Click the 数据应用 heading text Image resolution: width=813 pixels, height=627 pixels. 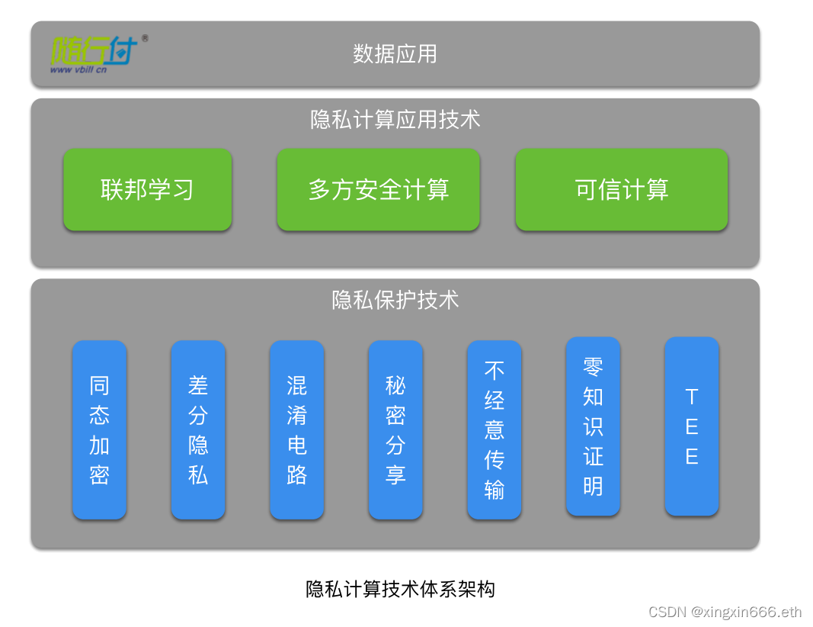[x=395, y=54]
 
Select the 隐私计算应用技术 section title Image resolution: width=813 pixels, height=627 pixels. [x=395, y=120]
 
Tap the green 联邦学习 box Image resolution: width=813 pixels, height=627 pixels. [x=147, y=189]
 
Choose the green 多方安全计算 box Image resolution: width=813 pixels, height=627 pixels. [x=379, y=189]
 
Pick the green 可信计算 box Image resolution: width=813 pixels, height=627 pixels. [x=622, y=189]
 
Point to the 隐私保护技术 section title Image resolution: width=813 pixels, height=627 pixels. [x=395, y=300]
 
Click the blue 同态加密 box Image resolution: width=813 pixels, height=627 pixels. [x=100, y=429]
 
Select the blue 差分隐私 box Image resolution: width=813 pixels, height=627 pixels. [x=198, y=429]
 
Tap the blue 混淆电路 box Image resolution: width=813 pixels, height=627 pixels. [x=297, y=429]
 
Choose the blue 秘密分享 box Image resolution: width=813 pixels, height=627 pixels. [x=395, y=429]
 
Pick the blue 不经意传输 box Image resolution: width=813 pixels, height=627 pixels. [x=495, y=429]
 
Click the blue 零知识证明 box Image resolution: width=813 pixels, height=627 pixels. [x=593, y=426]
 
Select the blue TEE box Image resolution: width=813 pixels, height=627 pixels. [x=692, y=426]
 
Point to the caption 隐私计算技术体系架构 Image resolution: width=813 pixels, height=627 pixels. [x=400, y=589]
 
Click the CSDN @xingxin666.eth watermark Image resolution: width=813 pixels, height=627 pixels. [x=725, y=612]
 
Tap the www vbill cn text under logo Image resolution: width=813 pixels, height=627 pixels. [x=78, y=69]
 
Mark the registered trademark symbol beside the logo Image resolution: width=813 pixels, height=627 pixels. [x=145, y=38]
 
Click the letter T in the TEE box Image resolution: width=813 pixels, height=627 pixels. [x=692, y=397]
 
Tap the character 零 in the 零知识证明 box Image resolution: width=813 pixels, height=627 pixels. [x=593, y=366]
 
